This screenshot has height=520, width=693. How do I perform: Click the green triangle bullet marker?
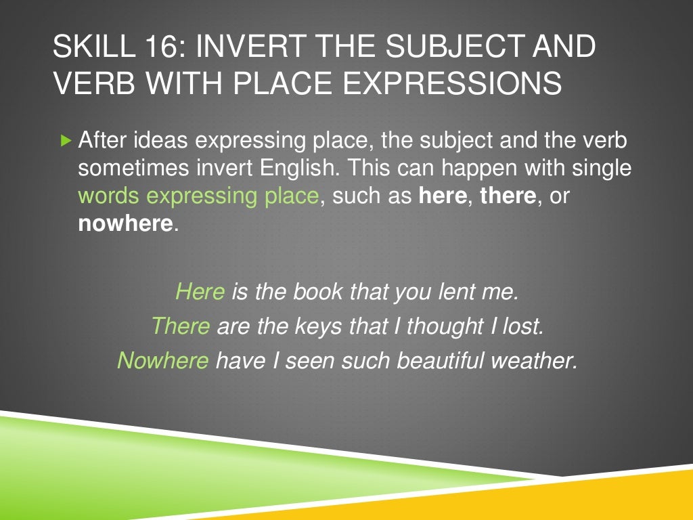pyautogui.click(x=65, y=141)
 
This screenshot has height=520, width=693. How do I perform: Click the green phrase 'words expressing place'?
pyautogui.click(x=198, y=196)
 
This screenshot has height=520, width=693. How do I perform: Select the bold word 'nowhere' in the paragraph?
pyautogui.click(x=126, y=223)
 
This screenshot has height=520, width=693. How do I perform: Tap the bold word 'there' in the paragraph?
pyautogui.click(x=508, y=196)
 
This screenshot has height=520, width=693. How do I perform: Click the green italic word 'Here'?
pyautogui.click(x=200, y=292)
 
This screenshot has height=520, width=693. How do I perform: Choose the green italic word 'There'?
pyautogui.click(x=180, y=326)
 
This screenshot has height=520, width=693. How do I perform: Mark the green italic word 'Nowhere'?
pyautogui.click(x=162, y=360)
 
